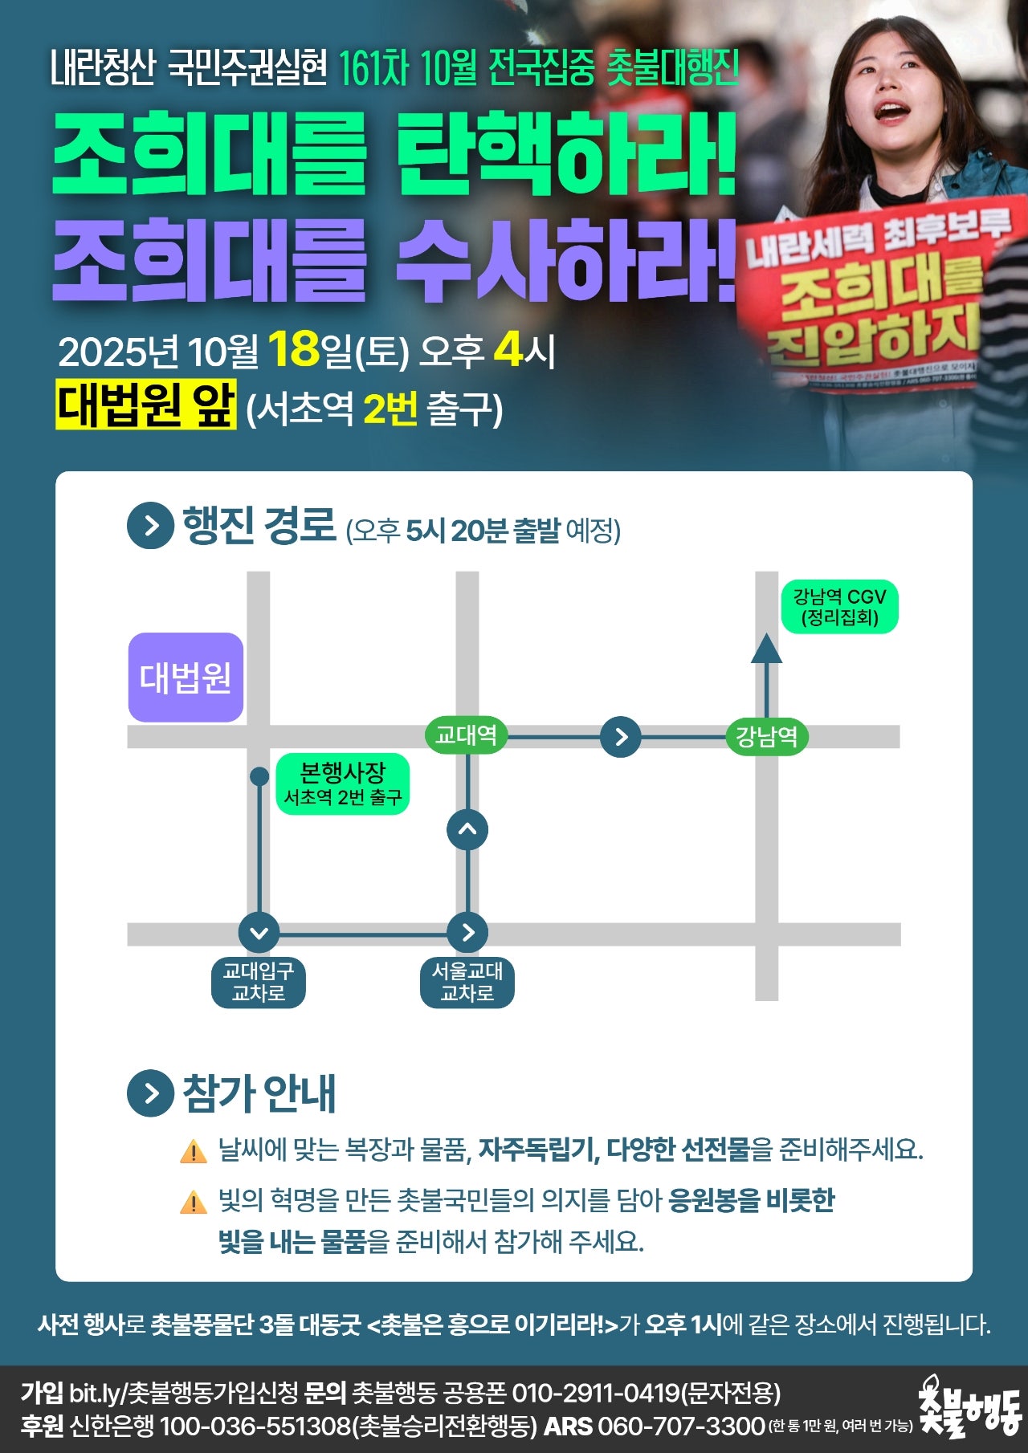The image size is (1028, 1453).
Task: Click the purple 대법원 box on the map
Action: [x=186, y=678]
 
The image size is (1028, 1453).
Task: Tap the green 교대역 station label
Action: [x=466, y=735]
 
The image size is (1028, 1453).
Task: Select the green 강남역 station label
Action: [x=766, y=736]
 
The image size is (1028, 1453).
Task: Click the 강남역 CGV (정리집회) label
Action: [x=839, y=607]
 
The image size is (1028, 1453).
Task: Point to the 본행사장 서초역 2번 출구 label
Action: [x=343, y=783]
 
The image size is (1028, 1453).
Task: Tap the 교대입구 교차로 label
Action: [x=259, y=983]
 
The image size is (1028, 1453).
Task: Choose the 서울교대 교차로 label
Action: [x=467, y=983]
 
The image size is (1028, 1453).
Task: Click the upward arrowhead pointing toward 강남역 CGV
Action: [x=766, y=649]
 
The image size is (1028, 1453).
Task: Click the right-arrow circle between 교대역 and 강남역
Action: [x=621, y=736]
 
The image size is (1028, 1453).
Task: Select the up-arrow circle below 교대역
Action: [x=467, y=829]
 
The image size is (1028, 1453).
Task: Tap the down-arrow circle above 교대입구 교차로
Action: [x=259, y=933]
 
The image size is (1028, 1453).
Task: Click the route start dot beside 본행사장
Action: [x=259, y=776]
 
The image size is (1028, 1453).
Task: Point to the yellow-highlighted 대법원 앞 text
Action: [x=146, y=405]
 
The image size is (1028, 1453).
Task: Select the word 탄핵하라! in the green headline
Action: [x=567, y=153]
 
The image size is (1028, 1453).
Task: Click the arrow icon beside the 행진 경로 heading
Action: [x=150, y=526]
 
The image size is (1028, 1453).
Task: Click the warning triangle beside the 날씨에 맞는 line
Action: [x=194, y=1151]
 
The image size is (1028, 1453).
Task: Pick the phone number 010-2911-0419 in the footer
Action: [x=596, y=1393]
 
